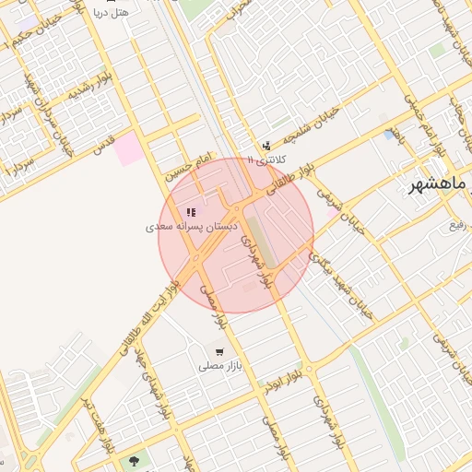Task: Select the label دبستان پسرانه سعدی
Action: [x=193, y=226]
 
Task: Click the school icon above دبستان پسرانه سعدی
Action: [x=191, y=212]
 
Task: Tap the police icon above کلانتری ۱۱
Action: [x=266, y=146]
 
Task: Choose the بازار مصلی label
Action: [x=218, y=366]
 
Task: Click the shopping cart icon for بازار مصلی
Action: [x=218, y=351]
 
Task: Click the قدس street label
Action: [x=104, y=144]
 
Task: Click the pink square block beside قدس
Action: [x=130, y=148]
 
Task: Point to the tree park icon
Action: [x=136, y=460]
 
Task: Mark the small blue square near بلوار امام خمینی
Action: [x=394, y=136]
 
